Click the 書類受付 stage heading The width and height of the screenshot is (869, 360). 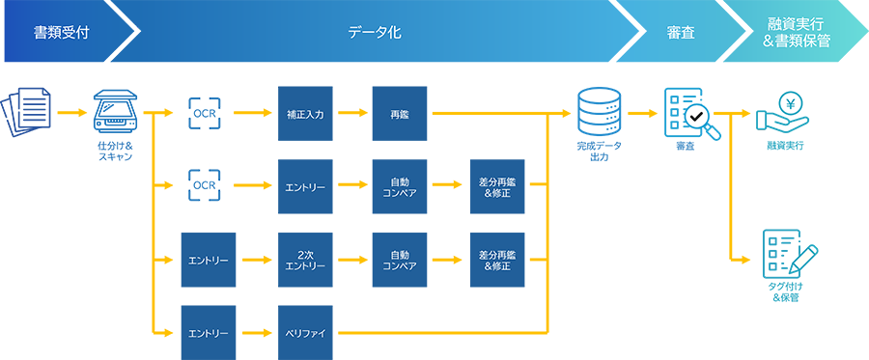pos(62,33)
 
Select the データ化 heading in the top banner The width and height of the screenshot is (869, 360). pos(374,33)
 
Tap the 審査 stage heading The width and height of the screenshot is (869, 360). pos(681,33)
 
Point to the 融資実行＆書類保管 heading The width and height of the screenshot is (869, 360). pos(795,33)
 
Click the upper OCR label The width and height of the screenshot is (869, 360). pos(205,115)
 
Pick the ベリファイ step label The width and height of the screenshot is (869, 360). pos(305,333)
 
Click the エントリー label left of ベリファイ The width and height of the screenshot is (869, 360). pos(210,333)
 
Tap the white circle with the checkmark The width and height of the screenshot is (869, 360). pos(695,119)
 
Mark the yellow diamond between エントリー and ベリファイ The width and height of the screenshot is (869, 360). pos(257,333)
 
